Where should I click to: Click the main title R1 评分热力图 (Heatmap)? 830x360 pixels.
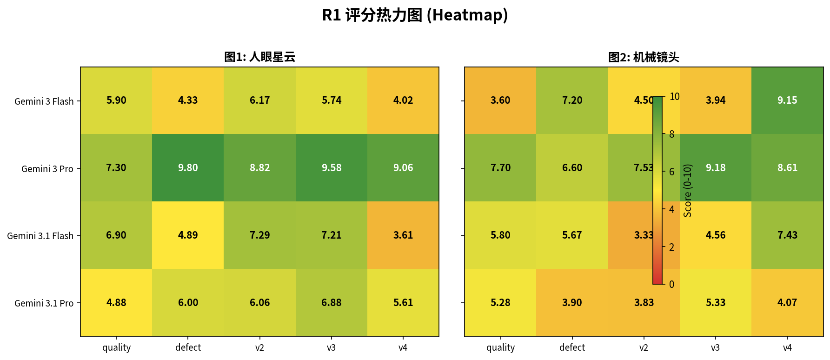(415, 15)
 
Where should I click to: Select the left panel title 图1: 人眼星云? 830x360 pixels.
(260, 57)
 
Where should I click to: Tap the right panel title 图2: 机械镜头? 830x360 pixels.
(644, 57)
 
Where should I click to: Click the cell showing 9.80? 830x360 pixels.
(188, 168)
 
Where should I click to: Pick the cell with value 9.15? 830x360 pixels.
(787, 100)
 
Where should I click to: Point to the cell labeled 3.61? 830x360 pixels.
(403, 235)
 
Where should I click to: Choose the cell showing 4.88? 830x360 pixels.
(116, 302)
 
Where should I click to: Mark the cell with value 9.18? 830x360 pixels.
(716, 168)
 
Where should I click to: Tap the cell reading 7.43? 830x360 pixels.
(787, 235)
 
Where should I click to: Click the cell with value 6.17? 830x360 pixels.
(259, 100)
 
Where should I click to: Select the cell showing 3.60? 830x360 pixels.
(500, 100)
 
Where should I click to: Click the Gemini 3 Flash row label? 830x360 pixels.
(44, 101)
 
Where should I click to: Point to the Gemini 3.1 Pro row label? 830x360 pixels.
(44, 303)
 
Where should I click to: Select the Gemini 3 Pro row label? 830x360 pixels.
(47, 169)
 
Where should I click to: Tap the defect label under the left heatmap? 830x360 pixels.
(188, 347)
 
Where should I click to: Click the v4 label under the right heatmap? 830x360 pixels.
(787, 347)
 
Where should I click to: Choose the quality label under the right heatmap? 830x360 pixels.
(500, 348)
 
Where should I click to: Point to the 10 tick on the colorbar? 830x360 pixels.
(674, 97)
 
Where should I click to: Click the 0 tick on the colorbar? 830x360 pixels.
(671, 284)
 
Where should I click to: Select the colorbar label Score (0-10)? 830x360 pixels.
(688, 190)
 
